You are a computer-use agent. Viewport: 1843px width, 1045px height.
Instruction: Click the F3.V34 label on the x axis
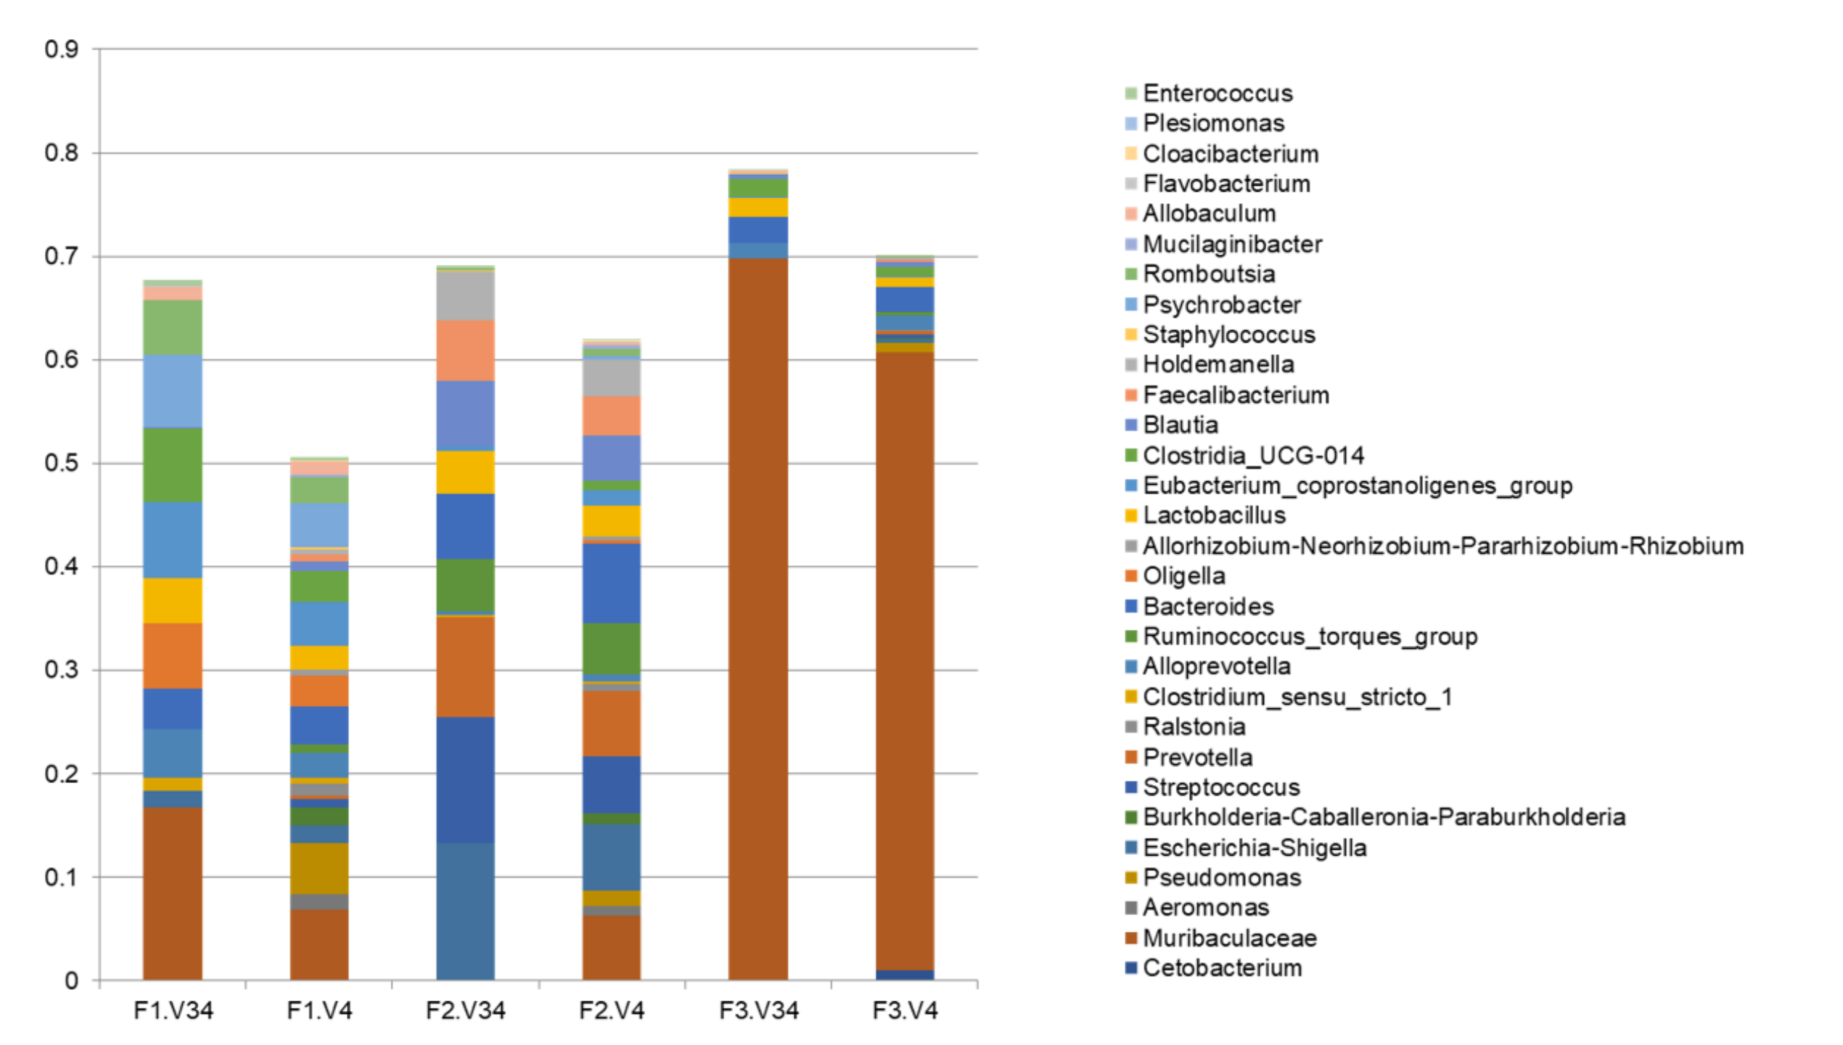(758, 1010)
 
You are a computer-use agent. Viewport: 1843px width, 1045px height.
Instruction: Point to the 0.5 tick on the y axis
(62, 463)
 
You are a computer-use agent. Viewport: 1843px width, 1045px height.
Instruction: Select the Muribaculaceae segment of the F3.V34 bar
(758, 617)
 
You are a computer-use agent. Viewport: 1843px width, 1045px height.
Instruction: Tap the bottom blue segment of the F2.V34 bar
(465, 911)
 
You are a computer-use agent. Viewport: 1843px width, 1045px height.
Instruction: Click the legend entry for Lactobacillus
(1214, 515)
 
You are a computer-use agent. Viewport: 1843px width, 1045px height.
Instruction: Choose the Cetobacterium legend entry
(1222, 968)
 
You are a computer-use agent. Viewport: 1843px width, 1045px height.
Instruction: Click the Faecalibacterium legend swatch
(1130, 395)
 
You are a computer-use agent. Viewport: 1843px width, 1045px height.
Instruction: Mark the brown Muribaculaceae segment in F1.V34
(173, 893)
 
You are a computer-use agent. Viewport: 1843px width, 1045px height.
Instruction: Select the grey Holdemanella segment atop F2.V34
(465, 296)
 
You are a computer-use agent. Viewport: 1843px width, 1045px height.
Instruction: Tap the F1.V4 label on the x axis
(319, 1010)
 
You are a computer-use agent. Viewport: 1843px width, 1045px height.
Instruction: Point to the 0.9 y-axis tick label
(62, 49)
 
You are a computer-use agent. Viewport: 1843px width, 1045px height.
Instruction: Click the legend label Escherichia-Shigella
(1255, 848)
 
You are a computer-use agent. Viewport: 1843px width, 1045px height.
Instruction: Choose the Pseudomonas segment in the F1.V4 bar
(319, 868)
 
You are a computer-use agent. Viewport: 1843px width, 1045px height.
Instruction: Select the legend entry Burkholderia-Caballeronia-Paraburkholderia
(1384, 817)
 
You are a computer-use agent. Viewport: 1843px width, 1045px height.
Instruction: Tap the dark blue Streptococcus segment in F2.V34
(465, 779)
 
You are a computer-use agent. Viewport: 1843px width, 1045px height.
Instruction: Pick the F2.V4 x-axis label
(612, 1010)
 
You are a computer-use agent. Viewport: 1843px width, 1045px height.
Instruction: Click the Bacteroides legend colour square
(1130, 606)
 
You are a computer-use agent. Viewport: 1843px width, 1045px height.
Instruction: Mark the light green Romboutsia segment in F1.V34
(173, 327)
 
